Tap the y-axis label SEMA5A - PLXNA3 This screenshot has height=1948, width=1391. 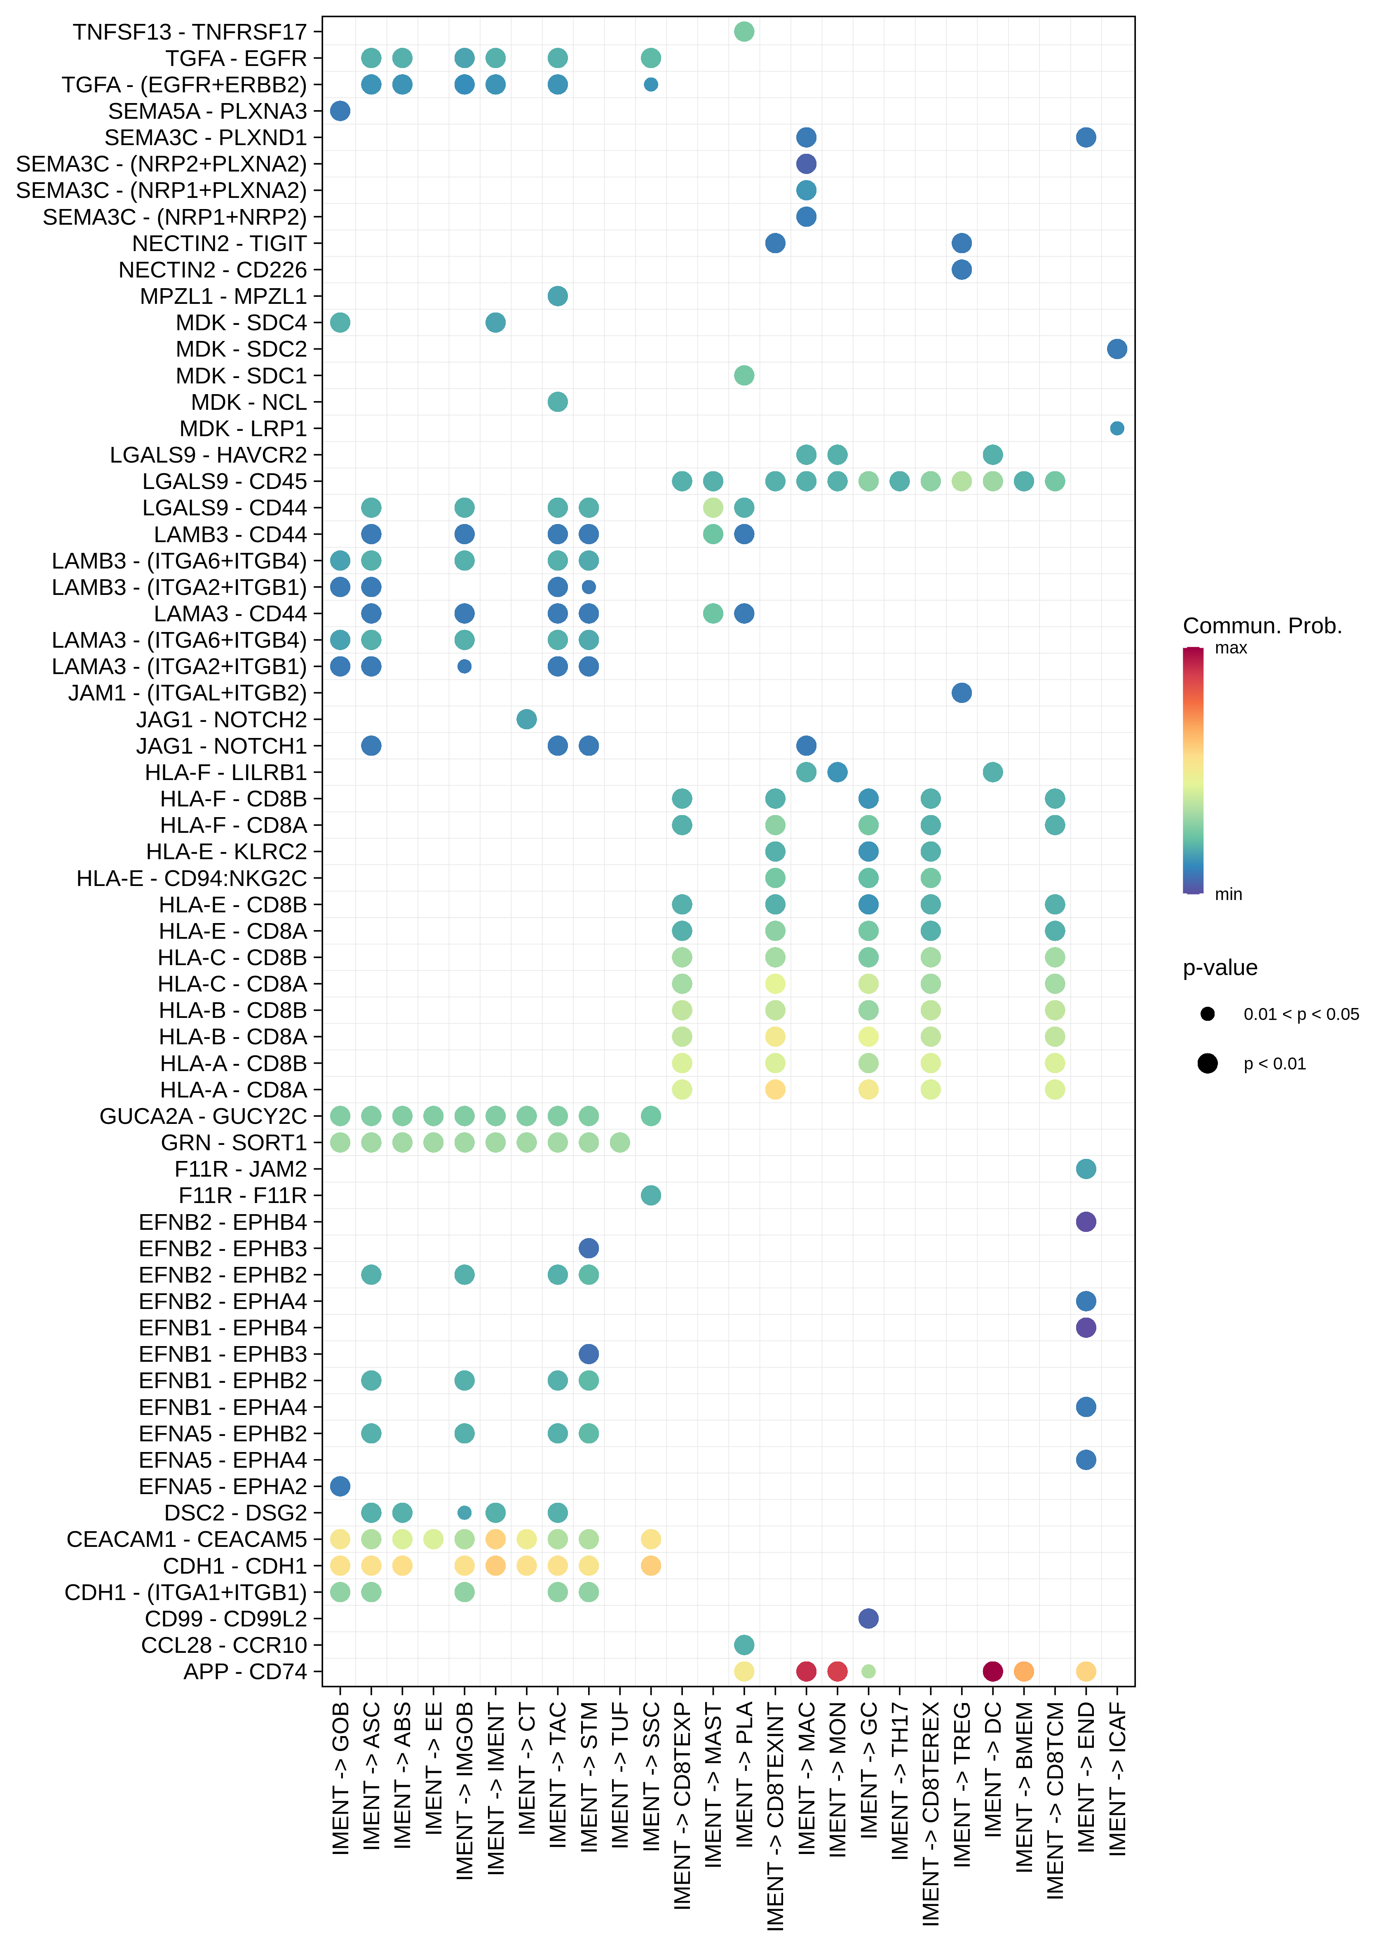point(207,111)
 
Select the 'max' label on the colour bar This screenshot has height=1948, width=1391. point(1231,649)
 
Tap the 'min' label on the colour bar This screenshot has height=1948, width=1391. point(1228,894)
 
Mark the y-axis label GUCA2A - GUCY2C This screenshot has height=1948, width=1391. point(203,1116)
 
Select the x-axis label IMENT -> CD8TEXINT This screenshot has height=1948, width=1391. point(775,1816)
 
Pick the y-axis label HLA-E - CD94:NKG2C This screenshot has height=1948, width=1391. point(192,878)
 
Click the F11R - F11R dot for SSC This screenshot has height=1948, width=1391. point(651,1195)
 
